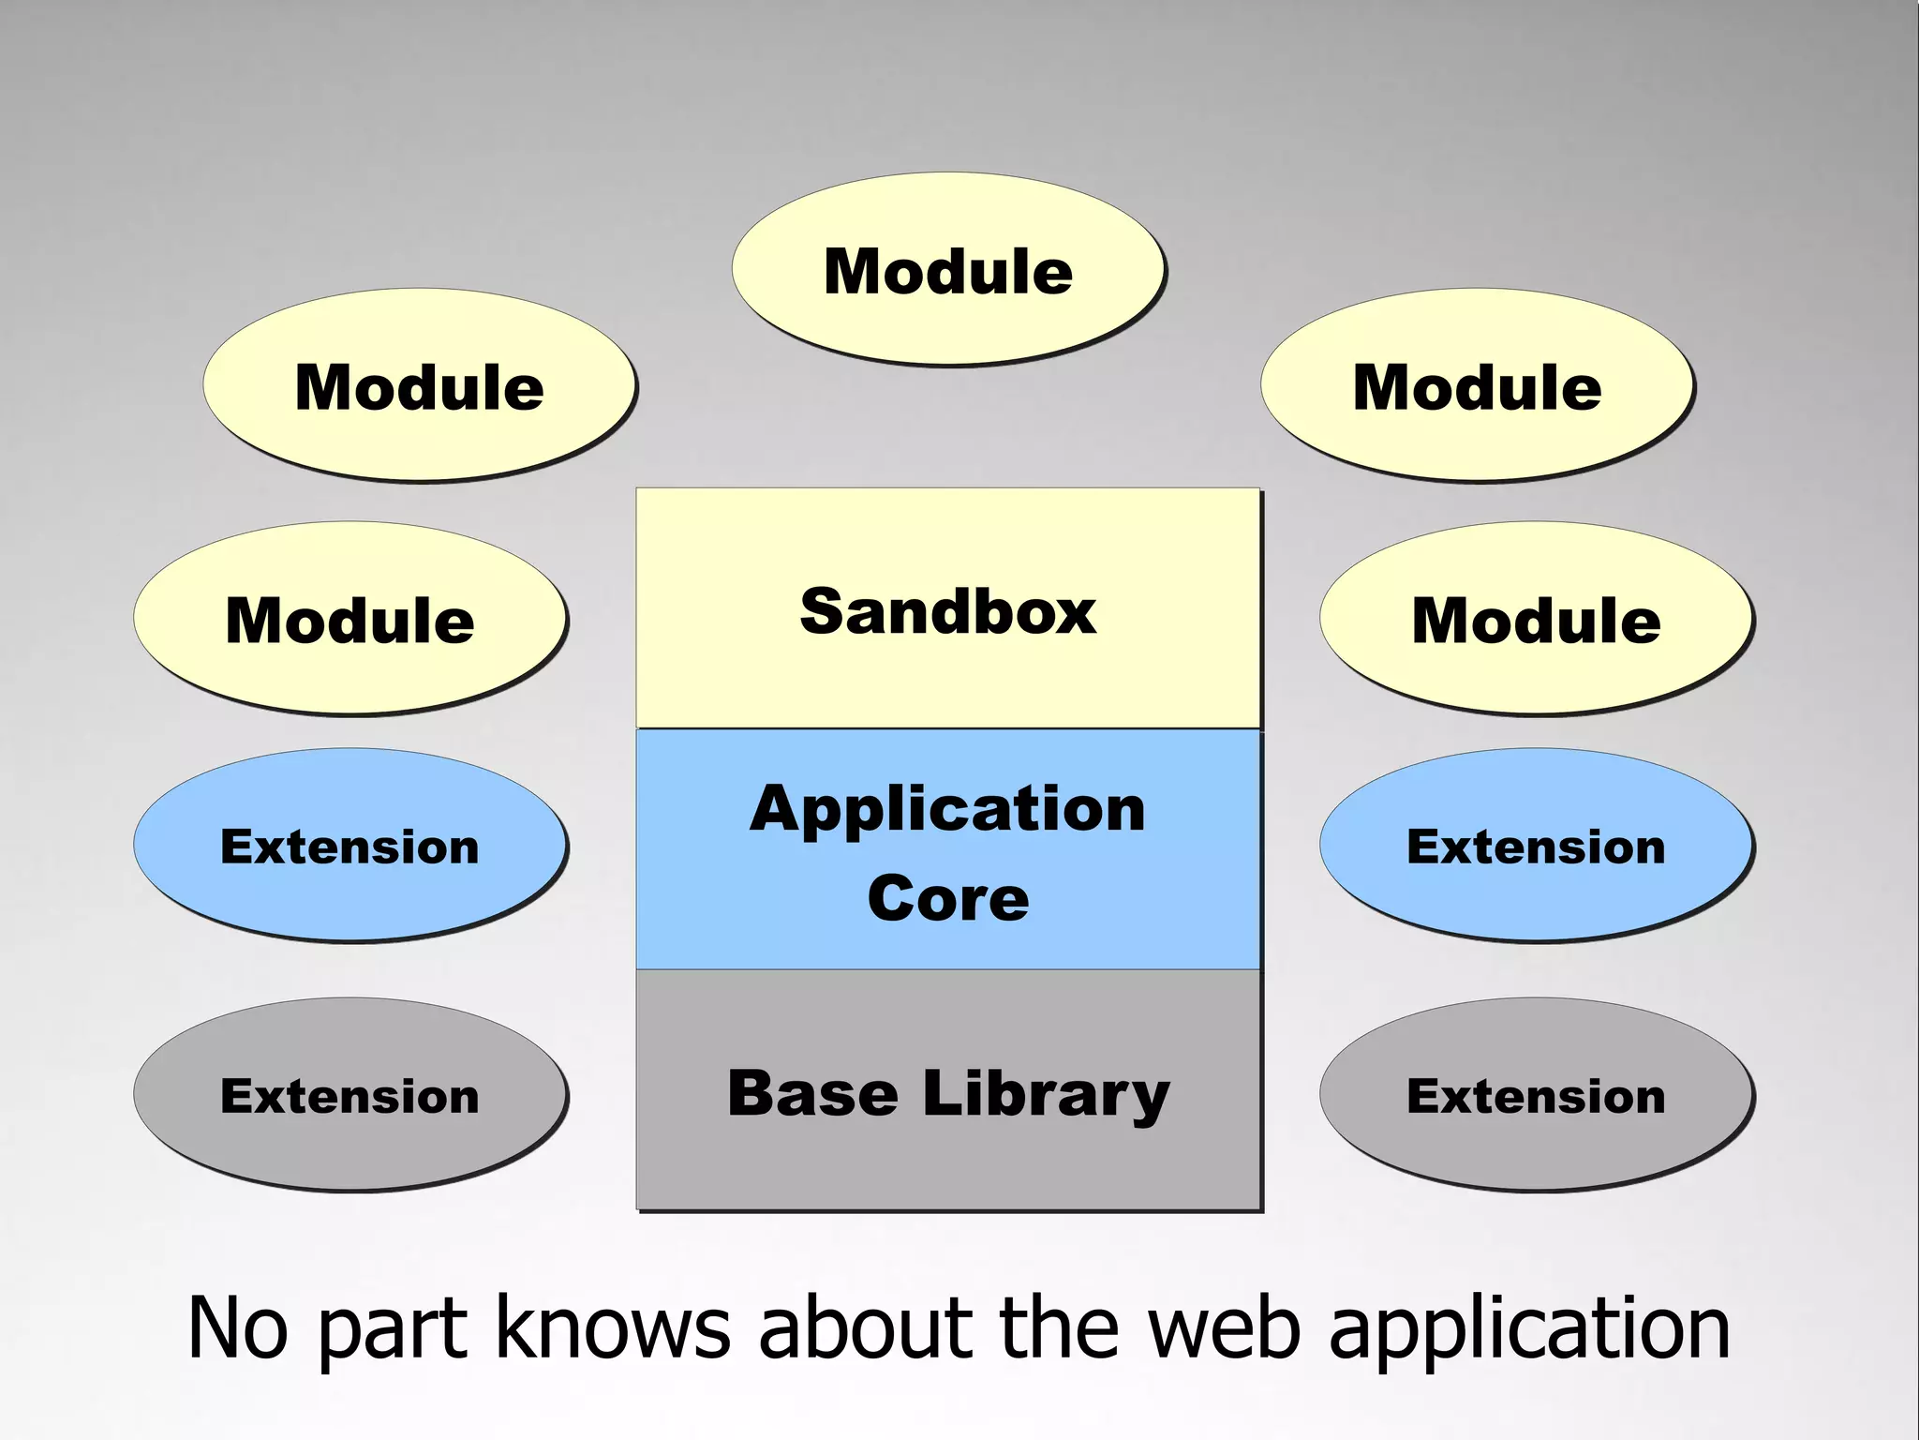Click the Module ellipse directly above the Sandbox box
pyautogui.click(x=948, y=269)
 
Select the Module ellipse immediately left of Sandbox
pyautogui.click(x=350, y=619)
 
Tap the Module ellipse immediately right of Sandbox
pyautogui.click(x=1537, y=619)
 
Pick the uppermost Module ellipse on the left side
pyautogui.click(x=420, y=385)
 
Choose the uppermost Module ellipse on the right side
pyautogui.click(x=1478, y=385)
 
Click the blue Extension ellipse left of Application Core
pyautogui.click(x=350, y=846)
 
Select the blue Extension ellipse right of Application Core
pyautogui.click(x=1537, y=846)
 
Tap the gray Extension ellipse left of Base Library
pyautogui.click(x=350, y=1095)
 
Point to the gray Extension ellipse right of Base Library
pyautogui.click(x=1537, y=1095)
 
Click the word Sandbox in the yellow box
pyautogui.click(x=948, y=611)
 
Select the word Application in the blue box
pyautogui.click(x=948, y=810)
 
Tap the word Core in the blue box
pyautogui.click(x=948, y=898)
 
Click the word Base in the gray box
pyautogui.click(x=813, y=1093)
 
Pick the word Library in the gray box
pyautogui.click(x=1047, y=1095)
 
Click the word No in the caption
pyautogui.click(x=238, y=1327)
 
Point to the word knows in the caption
pyautogui.click(x=612, y=1327)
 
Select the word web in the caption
pyautogui.click(x=1226, y=1327)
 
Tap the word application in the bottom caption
pyautogui.click(x=1529, y=1329)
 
